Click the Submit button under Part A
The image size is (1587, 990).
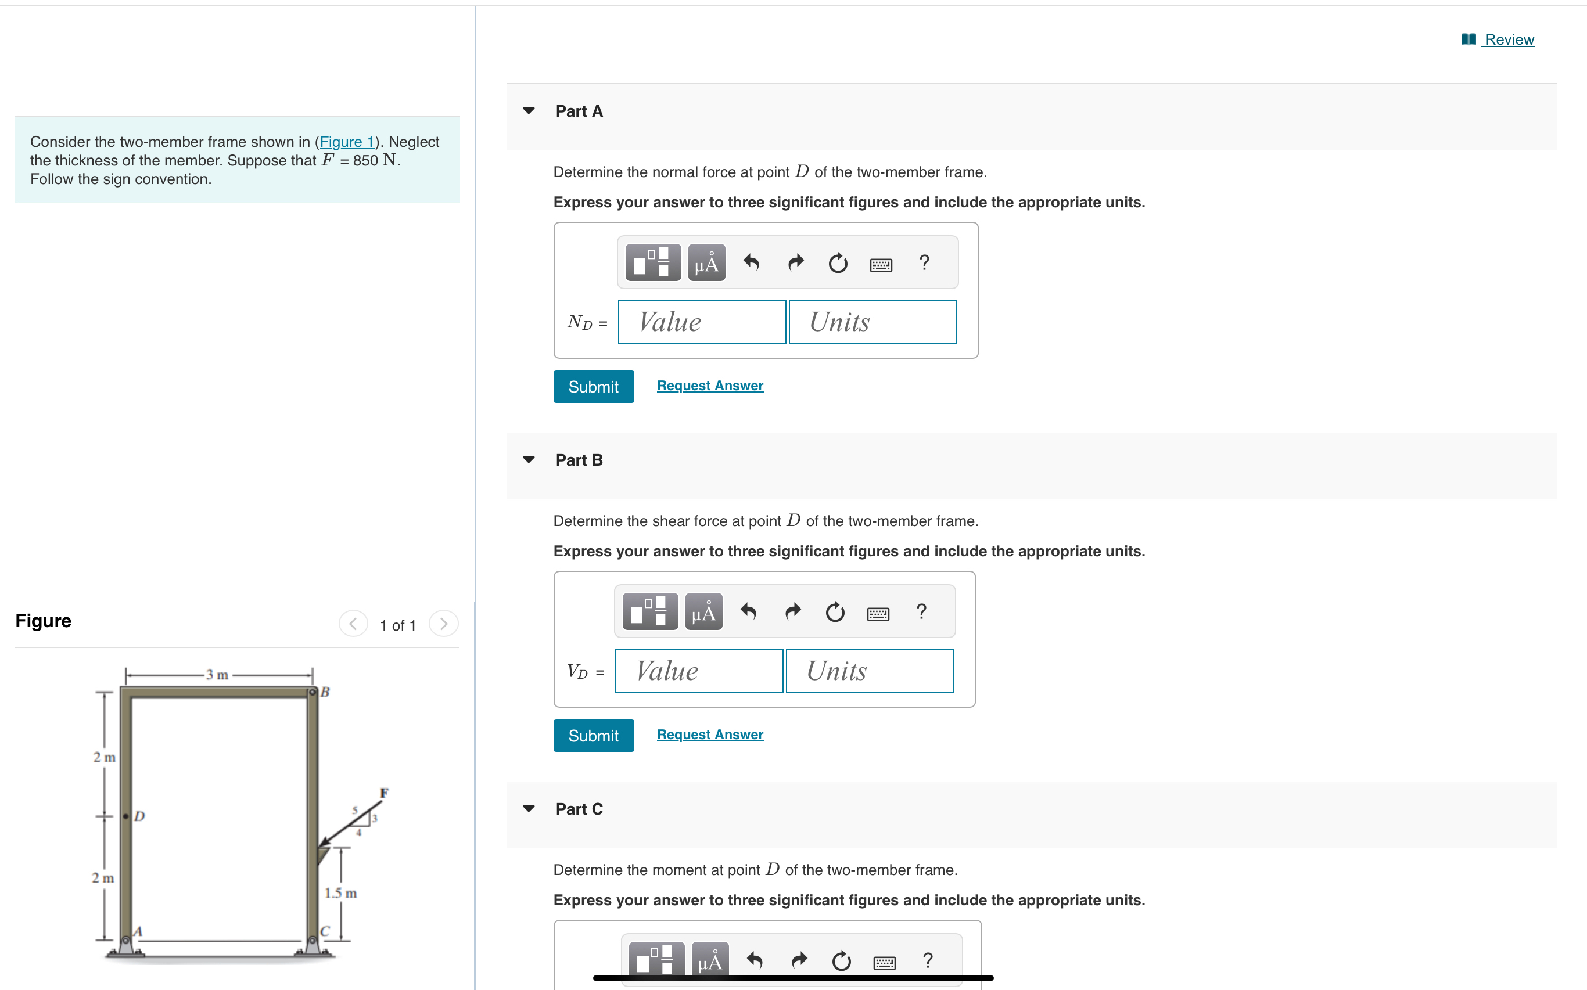[x=594, y=387]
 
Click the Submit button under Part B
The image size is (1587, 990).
[x=594, y=736]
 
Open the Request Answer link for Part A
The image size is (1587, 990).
[x=710, y=386]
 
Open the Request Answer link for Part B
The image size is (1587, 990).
[x=710, y=735]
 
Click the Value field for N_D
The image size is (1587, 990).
[x=702, y=322]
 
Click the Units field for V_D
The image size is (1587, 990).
[x=870, y=671]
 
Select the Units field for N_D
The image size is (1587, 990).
[x=873, y=322]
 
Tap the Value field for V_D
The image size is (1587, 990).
[x=699, y=671]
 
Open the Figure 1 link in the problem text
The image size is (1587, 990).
[x=346, y=142]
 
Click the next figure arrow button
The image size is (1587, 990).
[x=443, y=624]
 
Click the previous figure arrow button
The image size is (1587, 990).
[x=353, y=624]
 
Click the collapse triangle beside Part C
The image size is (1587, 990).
[x=529, y=809]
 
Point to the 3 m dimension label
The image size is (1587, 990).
[x=217, y=674]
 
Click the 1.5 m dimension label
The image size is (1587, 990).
[x=340, y=893]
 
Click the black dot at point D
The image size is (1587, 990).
[x=125, y=816]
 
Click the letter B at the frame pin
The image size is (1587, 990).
[x=325, y=692]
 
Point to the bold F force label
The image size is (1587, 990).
[x=385, y=793]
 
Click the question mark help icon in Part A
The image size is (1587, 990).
[x=924, y=262]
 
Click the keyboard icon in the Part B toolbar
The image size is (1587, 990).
[x=878, y=614]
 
